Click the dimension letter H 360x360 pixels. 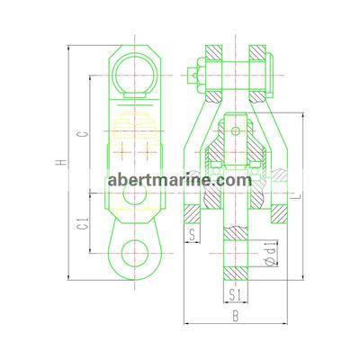tap(62, 162)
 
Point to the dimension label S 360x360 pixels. tap(192, 235)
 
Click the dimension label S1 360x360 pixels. tap(236, 294)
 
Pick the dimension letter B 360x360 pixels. tap(236, 316)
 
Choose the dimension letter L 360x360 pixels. tap(298, 196)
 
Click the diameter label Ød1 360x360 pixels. tap(271, 254)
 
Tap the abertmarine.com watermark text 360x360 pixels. tap(180, 180)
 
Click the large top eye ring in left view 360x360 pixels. tap(113, 75)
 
